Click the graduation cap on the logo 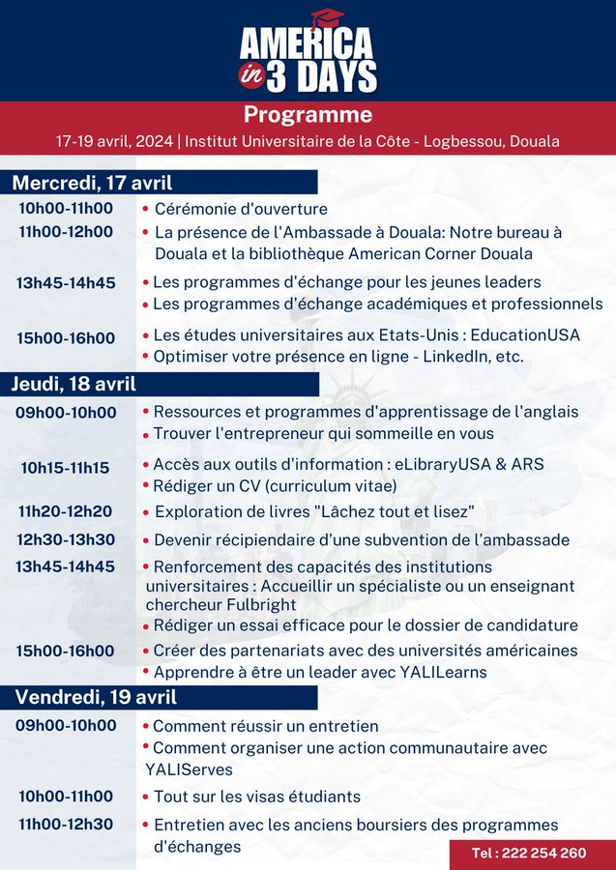tap(328, 17)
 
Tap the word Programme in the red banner tap(308, 115)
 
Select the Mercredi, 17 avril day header tap(92, 182)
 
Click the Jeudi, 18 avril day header tap(74, 384)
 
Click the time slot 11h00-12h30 tap(66, 825)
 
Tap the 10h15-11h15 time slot tap(66, 468)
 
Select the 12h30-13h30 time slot tap(66, 539)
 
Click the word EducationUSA tap(531, 334)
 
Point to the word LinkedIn tap(452, 355)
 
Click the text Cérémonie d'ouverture tap(241, 209)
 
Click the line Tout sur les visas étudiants tap(257, 797)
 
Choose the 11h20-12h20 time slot tap(66, 511)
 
